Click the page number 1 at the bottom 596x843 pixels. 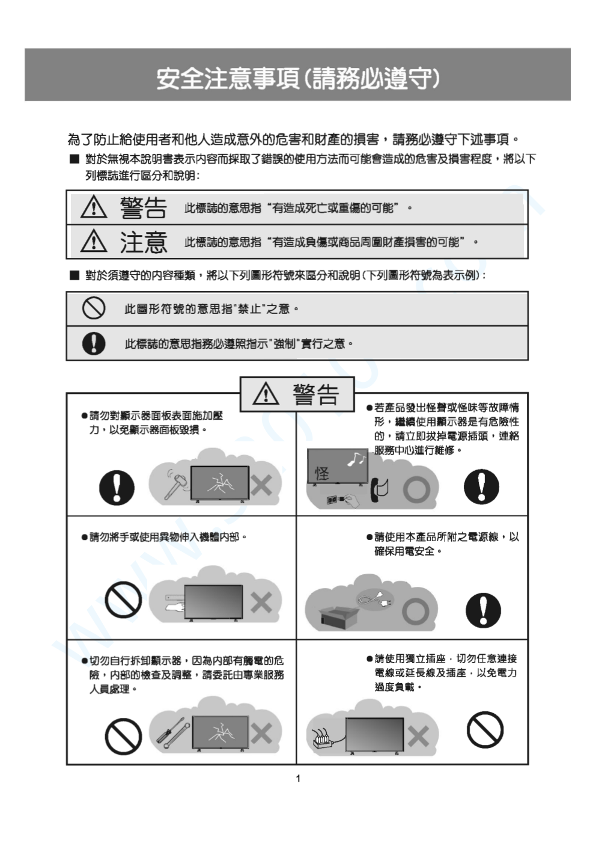click(298, 779)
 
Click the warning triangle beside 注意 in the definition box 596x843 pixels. click(94, 242)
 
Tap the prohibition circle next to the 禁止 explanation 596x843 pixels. click(94, 308)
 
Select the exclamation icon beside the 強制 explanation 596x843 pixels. click(94, 343)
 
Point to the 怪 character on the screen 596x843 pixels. click(322, 473)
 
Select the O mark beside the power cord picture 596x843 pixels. click(415, 611)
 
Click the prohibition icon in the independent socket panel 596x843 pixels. click(484, 730)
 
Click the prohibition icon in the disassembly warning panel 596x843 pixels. click(123, 736)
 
